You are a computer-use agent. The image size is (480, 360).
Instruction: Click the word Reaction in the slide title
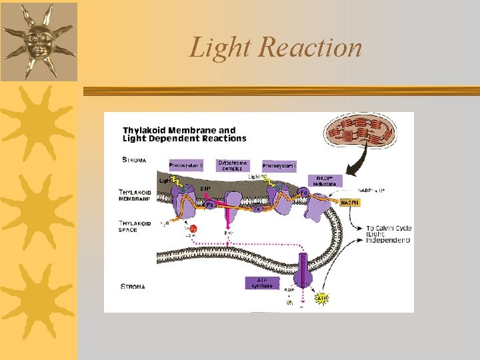(x=311, y=48)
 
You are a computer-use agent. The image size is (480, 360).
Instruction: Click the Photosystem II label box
(x=185, y=165)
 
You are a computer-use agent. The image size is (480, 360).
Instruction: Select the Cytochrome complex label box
(x=232, y=165)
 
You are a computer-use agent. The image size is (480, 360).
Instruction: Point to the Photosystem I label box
(x=279, y=165)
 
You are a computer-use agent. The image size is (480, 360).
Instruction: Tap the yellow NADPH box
(x=350, y=202)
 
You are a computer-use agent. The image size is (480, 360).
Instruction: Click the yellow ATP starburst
(x=321, y=298)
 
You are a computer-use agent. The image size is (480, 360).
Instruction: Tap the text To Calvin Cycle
(x=389, y=228)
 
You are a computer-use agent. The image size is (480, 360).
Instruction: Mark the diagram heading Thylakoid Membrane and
(x=179, y=130)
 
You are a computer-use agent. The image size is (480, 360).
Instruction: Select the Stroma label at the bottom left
(x=133, y=287)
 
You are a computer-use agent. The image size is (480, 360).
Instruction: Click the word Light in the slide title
(x=219, y=48)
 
